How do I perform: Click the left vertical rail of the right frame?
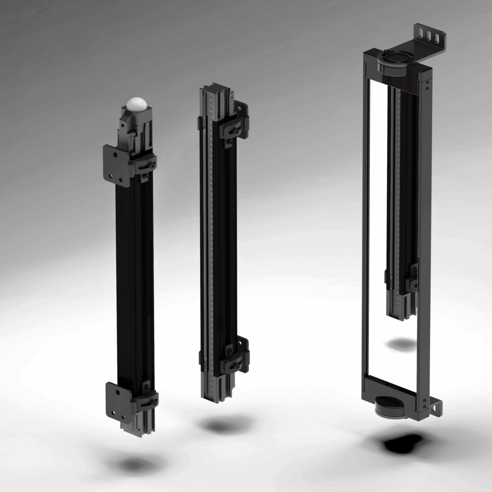pos(364,225)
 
